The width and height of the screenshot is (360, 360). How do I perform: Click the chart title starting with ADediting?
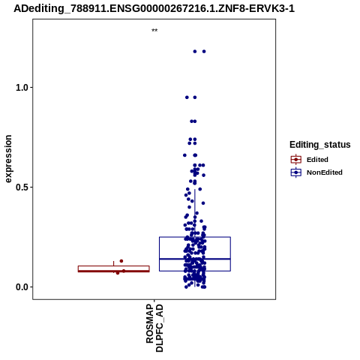[154, 8]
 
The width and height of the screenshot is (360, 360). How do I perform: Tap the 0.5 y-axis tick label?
[21, 187]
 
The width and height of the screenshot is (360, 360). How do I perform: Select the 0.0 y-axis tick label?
[21, 287]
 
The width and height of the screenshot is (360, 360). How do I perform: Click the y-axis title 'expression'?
[8, 159]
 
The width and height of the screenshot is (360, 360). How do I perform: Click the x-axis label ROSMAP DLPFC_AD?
[154, 328]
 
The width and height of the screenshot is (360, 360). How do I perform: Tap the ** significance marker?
[154, 31]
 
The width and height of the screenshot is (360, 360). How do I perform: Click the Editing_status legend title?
[320, 145]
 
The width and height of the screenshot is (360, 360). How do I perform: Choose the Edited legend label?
[317, 160]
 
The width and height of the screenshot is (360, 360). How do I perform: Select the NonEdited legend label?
[325, 172]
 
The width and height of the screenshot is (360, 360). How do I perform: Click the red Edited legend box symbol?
[296, 159]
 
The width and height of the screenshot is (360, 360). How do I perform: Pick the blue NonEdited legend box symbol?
[296, 172]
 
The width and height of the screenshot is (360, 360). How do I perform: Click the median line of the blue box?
[195, 259]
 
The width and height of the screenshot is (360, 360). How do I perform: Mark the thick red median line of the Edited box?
[114, 271]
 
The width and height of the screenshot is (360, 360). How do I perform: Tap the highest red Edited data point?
[121, 261]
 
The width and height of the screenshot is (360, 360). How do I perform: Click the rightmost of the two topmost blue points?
[204, 52]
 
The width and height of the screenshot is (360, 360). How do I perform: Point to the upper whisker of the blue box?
[195, 213]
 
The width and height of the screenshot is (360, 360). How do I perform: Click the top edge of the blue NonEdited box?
[195, 237]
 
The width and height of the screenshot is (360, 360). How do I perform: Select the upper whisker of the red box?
[114, 263]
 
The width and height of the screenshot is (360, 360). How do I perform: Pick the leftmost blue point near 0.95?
[187, 97]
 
